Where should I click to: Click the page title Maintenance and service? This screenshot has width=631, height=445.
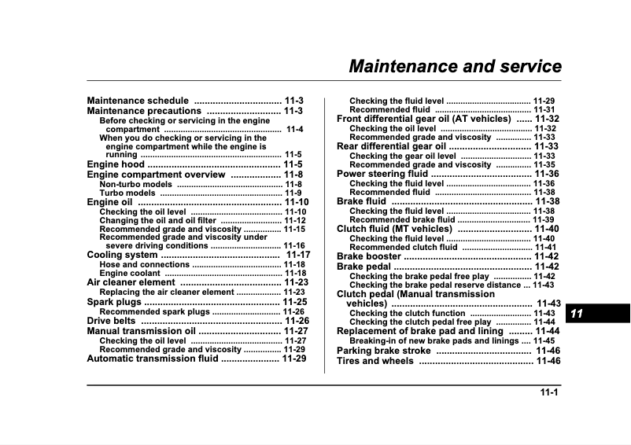(x=455, y=66)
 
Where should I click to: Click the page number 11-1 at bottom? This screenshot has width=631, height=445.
(x=548, y=393)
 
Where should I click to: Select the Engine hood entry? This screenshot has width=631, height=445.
(x=116, y=165)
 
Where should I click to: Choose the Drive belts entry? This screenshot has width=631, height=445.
(x=111, y=321)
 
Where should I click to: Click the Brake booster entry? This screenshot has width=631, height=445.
(x=369, y=256)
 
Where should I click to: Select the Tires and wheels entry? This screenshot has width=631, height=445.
(x=375, y=361)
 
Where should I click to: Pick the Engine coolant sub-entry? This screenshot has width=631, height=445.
(x=130, y=274)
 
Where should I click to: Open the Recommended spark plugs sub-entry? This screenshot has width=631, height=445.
(x=155, y=311)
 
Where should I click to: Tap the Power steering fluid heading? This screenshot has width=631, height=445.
(x=382, y=174)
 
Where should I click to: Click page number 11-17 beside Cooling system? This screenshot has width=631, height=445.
(x=298, y=256)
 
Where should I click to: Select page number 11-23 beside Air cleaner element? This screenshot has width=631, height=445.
(x=296, y=282)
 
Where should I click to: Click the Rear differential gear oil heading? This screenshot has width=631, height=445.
(x=391, y=146)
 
